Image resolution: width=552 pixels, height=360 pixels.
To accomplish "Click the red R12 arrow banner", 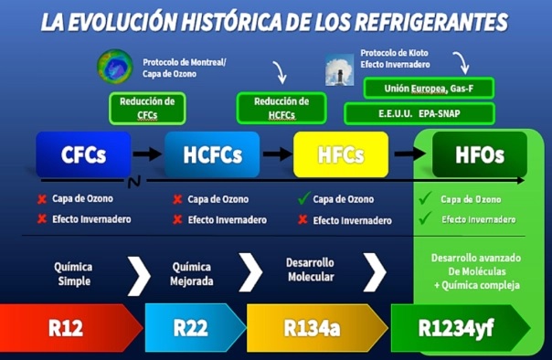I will pos(69,326).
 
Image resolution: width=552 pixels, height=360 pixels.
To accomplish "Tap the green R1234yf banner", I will pos(457,326).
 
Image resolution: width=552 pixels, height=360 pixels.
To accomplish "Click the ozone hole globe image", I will pos(114,67).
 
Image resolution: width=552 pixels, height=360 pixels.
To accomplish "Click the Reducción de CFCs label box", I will pos(146,107).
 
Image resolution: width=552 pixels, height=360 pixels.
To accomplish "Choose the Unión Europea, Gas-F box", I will pos(429,88).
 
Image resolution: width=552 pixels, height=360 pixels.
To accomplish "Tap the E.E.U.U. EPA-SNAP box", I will pos(419,114).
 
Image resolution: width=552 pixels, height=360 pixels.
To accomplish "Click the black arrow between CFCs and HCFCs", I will pos(145,154).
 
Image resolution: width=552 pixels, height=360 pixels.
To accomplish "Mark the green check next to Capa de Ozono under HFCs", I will pos(302,197).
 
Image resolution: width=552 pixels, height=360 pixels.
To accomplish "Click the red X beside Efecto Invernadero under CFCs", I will pos(41,219).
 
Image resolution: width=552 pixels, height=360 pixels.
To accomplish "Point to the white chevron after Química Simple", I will pos(139,273).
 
